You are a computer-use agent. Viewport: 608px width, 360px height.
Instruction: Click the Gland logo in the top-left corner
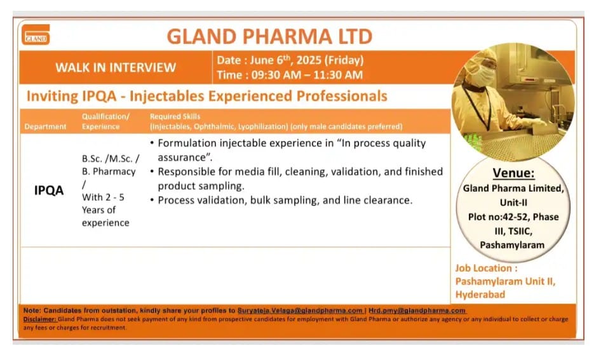click(x=36, y=35)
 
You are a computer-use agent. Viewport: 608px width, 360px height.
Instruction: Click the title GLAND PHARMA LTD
click(x=269, y=36)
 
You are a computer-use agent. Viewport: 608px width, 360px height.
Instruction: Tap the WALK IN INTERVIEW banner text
click(x=115, y=67)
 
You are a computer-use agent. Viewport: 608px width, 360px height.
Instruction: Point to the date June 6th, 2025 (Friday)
click(x=290, y=61)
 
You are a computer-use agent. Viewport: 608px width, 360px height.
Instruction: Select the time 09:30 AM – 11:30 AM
click(x=290, y=75)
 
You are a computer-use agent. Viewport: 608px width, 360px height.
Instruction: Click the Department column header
click(x=45, y=126)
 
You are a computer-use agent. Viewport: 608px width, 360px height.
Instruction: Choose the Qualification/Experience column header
click(x=105, y=121)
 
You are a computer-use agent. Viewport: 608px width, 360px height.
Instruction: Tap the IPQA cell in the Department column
click(x=49, y=190)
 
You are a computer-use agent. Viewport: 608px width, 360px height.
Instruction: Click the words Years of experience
click(x=105, y=216)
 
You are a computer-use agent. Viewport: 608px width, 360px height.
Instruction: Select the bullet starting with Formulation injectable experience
click(x=292, y=150)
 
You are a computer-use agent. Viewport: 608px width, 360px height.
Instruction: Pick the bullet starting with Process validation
click(x=285, y=200)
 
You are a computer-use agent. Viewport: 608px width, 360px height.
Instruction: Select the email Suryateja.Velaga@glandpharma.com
click(x=300, y=310)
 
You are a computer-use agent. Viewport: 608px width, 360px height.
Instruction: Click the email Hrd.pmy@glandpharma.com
click(x=417, y=310)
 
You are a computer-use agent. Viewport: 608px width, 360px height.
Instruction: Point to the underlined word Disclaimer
click(x=40, y=319)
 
